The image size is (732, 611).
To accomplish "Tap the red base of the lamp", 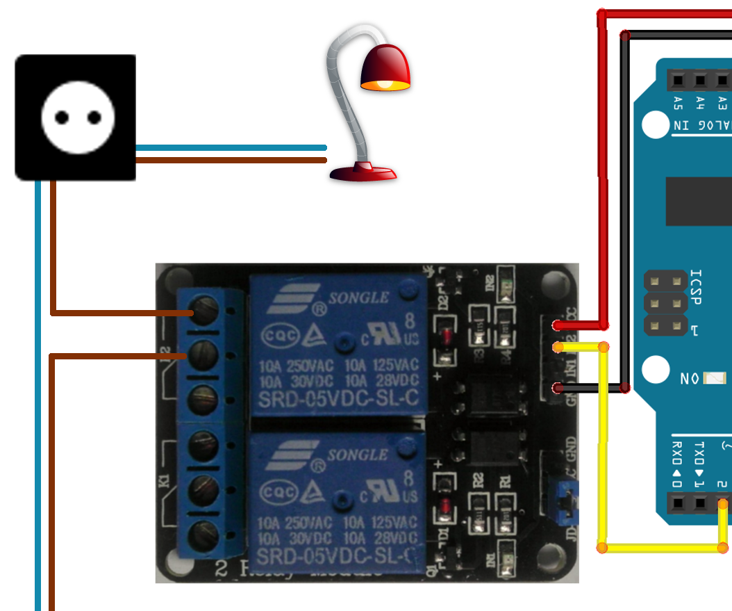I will [x=363, y=170].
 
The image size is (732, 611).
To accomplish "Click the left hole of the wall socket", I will [x=62, y=117].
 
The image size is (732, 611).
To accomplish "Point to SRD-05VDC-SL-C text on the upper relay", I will [x=338, y=400].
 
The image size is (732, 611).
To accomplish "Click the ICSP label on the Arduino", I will [x=695, y=287].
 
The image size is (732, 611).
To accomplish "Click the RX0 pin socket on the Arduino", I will [x=678, y=502].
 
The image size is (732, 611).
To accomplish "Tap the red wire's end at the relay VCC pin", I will [x=557, y=325].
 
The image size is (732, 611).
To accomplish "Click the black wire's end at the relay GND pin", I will [x=557, y=388].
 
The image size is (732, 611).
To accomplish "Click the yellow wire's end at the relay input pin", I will [x=557, y=347].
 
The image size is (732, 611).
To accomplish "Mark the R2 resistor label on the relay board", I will [x=478, y=479].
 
